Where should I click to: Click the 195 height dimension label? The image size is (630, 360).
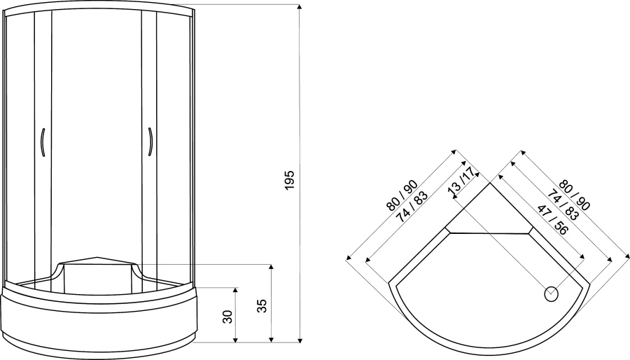(x=290, y=181)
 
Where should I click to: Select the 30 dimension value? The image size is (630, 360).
(x=227, y=317)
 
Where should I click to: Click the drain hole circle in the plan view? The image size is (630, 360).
(x=552, y=294)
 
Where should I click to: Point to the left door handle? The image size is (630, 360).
(x=42, y=141)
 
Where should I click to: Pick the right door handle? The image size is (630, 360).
(x=150, y=141)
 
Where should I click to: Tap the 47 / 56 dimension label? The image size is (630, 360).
(x=552, y=220)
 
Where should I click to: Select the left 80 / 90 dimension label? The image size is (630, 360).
(x=402, y=196)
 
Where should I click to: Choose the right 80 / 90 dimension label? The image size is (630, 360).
(x=575, y=195)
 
